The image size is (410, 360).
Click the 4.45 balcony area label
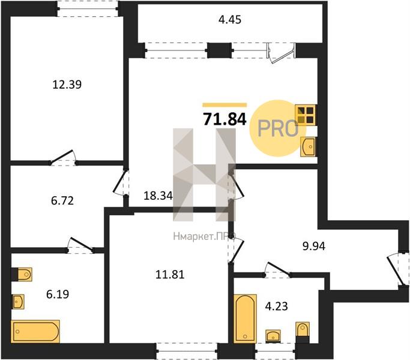pos(229,20)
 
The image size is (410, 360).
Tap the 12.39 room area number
pos(67,85)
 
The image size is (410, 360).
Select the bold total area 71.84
pos(225,119)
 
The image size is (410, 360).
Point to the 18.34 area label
pos(158,196)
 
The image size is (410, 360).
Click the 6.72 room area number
pos(62,201)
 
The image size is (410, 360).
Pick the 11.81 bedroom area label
pos(170,275)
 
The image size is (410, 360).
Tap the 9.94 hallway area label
pos(314,246)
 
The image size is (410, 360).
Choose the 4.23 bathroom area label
pos(276,306)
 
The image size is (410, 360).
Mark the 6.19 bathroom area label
pos(58,295)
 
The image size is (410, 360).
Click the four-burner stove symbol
pos(306,115)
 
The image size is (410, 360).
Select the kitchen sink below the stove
pos(308,146)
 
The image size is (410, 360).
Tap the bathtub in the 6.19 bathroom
pos(35,331)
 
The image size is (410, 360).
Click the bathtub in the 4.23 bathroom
pos(245,318)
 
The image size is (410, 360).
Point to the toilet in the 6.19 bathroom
pos(22,274)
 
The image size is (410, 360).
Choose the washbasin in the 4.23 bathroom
pos(273,336)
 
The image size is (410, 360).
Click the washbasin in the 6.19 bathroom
pos(18,302)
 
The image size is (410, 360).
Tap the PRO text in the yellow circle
pos(278,129)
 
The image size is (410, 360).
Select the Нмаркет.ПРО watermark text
pos(205,236)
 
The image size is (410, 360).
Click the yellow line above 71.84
pos(225,105)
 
